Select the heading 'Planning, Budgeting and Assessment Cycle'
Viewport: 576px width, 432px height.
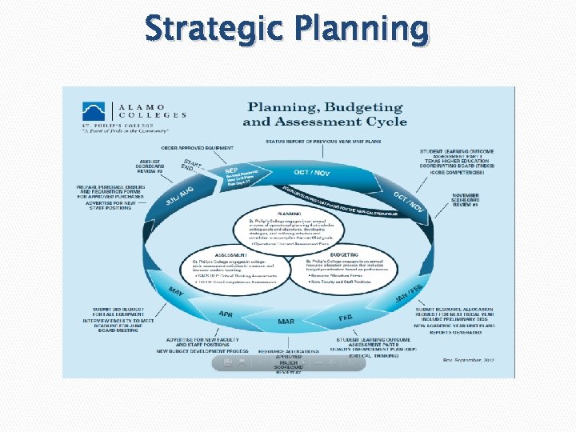tap(324, 114)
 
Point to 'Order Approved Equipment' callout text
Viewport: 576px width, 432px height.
tap(198, 148)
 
